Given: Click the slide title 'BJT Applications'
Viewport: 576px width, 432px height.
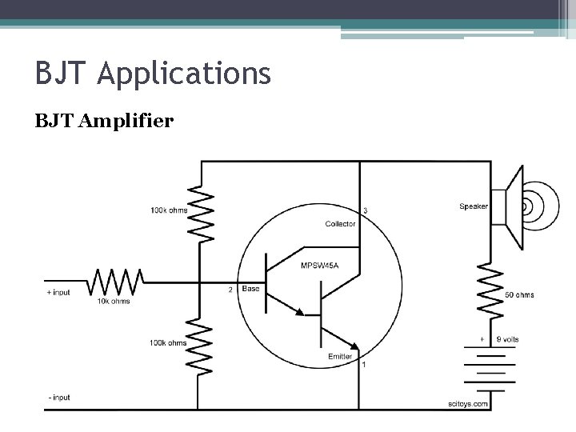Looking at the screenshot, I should [x=153, y=75].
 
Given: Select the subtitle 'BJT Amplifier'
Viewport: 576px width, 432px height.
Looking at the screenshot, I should [x=104, y=122].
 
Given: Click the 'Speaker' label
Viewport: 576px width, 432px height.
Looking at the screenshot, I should [x=474, y=206].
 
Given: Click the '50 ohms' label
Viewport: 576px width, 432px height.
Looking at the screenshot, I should [x=519, y=295].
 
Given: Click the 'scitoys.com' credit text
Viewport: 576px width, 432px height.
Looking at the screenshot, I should [x=468, y=405].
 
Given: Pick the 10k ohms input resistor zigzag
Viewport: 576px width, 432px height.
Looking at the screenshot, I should [x=115, y=282].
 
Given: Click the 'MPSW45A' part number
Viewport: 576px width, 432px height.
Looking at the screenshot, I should [x=318, y=266].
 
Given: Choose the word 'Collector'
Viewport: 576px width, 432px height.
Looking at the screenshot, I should [x=341, y=224].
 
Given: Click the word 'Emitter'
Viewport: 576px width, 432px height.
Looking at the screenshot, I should [x=340, y=356].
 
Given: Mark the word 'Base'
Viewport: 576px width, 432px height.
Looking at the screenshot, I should [x=250, y=288].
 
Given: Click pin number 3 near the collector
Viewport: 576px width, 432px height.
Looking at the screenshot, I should [x=365, y=210].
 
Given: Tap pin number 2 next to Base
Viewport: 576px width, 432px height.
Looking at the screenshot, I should [x=230, y=290].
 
